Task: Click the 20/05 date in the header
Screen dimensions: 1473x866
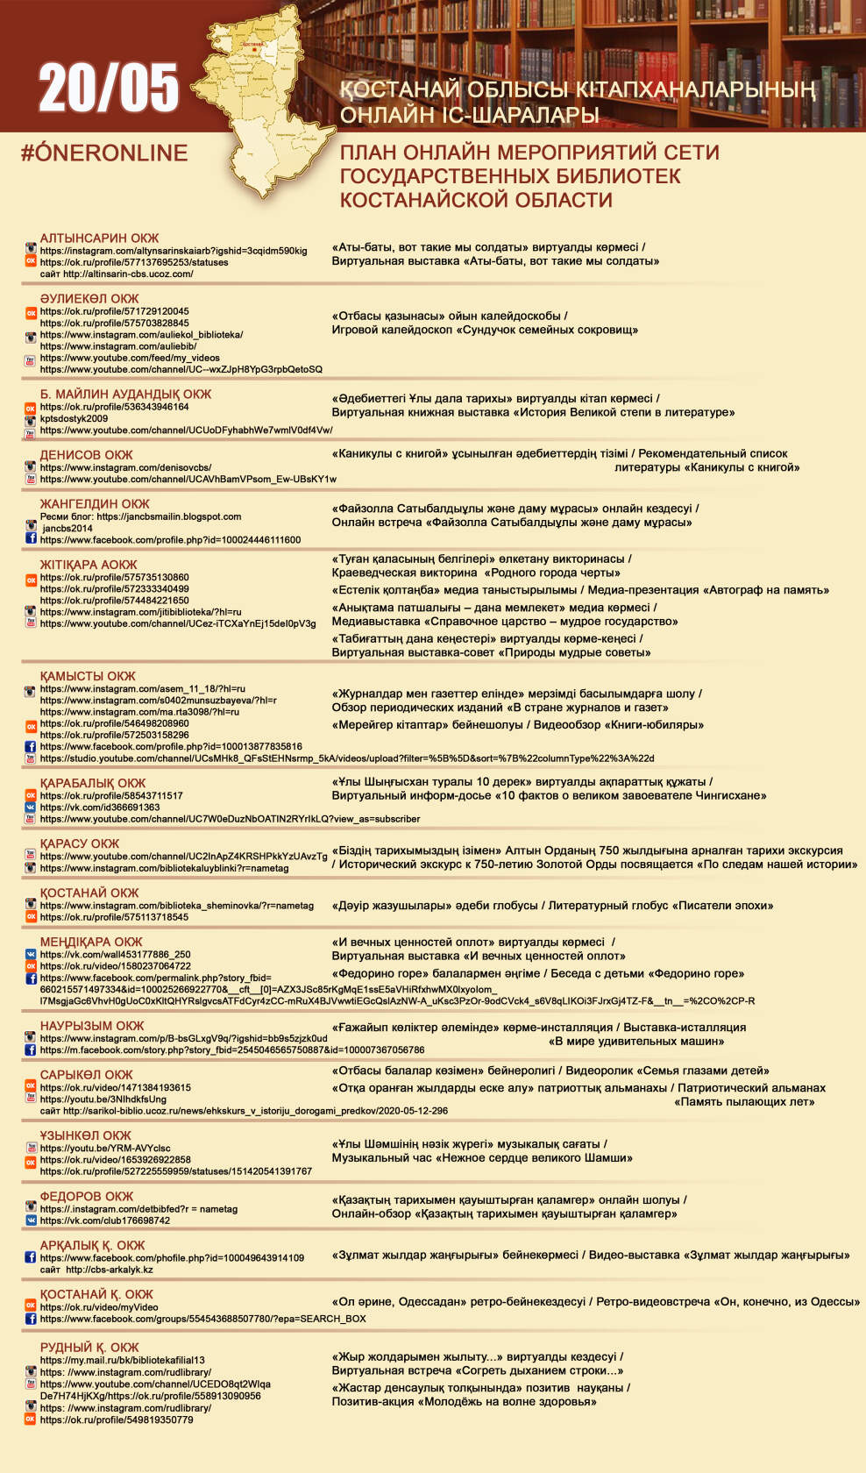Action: pos(109,88)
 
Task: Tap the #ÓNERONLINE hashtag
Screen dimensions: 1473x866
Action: pos(104,153)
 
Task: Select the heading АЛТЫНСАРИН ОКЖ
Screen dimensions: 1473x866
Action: pos(99,238)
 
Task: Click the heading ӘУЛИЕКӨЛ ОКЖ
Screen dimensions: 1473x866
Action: pos(89,298)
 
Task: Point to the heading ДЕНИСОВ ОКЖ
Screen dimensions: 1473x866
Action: pos(86,455)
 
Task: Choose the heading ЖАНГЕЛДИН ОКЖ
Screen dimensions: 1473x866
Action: pos(95,504)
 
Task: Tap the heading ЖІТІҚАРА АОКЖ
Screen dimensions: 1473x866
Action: pos(89,565)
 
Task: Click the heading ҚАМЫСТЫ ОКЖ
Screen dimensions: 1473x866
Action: pos(88,676)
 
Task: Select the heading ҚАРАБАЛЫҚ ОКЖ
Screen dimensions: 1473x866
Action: pos(93,783)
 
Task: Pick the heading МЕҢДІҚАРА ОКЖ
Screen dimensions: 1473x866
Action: pos(91,942)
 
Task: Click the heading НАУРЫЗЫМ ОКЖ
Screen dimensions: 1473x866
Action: pos(92,1026)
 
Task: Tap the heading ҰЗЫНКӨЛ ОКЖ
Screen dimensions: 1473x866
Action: pos(85,1135)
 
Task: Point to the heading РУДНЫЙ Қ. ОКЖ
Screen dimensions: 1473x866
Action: pos(89,1348)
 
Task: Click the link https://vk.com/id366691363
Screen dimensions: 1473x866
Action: pos(100,808)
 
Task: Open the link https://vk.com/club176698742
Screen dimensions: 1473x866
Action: pos(105,1220)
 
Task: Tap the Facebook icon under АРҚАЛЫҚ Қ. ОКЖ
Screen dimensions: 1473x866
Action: pos(31,1257)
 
